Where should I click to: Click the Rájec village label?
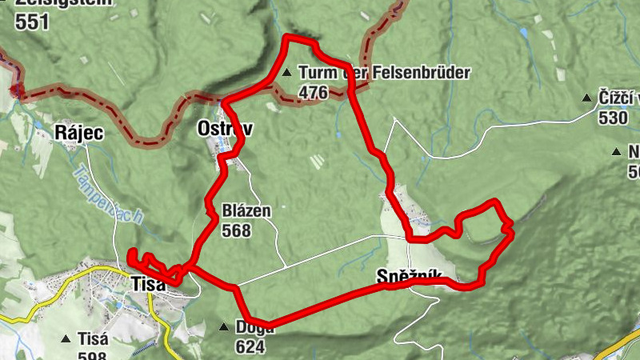tap(78, 133)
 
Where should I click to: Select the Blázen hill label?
tap(247, 212)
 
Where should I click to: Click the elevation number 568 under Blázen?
tap(238, 231)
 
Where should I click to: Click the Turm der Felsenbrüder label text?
tap(383, 73)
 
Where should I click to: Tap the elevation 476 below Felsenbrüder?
tap(313, 93)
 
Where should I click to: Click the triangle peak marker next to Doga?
tap(224, 326)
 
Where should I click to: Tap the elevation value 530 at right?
tap(614, 118)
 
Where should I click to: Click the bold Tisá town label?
tap(148, 283)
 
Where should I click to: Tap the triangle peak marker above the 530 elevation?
tap(587, 98)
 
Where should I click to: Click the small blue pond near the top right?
tap(523, 33)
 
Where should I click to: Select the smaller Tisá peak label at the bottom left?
tap(93, 338)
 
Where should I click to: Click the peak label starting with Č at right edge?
tap(619, 98)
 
